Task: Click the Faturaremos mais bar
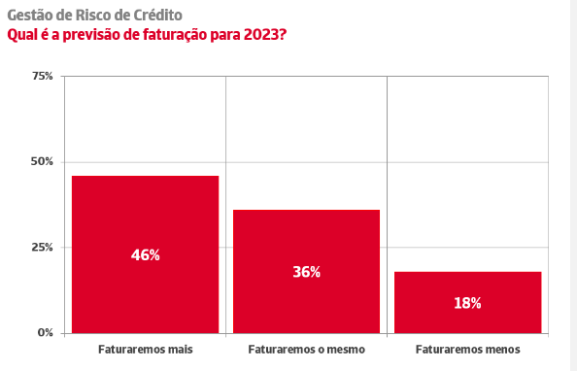pyautogui.click(x=145, y=254)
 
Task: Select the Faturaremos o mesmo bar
pyautogui.click(x=307, y=272)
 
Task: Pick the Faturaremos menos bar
pyautogui.click(x=467, y=303)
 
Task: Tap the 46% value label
pyautogui.click(x=146, y=255)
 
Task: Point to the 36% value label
pyautogui.click(x=307, y=272)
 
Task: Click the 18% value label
pyautogui.click(x=467, y=303)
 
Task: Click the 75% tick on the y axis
pyautogui.click(x=43, y=76)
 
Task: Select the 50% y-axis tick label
pyautogui.click(x=42, y=161)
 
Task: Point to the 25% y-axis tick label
pyautogui.click(x=43, y=247)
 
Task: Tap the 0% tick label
pyautogui.click(x=46, y=333)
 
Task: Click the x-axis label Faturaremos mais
pyautogui.click(x=146, y=350)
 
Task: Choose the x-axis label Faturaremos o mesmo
pyautogui.click(x=307, y=350)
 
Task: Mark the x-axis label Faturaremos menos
pyautogui.click(x=467, y=350)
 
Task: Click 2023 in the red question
pyautogui.click(x=265, y=35)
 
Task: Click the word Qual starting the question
pyautogui.click(x=21, y=36)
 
